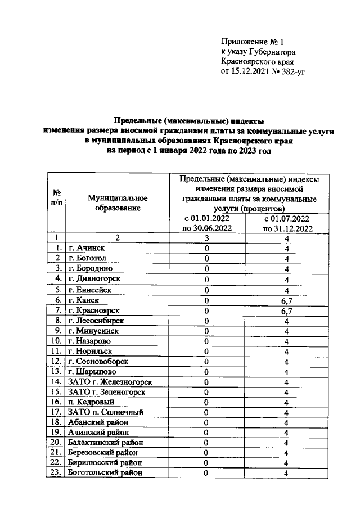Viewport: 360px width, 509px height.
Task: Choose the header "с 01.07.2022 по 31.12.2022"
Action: pos(286,223)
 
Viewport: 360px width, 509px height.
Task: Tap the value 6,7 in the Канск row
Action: pos(286,300)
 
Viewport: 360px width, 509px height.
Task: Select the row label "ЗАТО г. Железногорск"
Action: pos(109,382)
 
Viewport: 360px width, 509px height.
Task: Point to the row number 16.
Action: pos(56,402)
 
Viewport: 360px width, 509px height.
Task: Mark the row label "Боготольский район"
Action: pos(104,473)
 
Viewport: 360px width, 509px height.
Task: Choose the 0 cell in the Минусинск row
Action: pos(207,331)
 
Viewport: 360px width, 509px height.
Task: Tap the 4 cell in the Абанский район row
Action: pos(286,422)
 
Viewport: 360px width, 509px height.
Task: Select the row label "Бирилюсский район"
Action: pos(103,463)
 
